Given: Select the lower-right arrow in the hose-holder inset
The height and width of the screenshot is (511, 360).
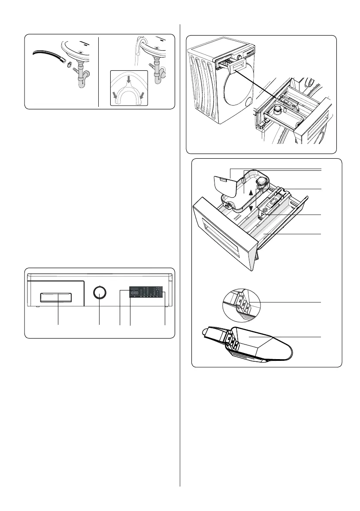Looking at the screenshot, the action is tap(142, 96).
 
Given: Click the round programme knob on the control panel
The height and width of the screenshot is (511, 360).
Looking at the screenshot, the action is tap(100, 293).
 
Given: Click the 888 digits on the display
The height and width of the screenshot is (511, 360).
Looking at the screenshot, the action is tap(135, 293).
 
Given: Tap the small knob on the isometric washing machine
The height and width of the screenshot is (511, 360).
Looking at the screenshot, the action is tap(238, 56).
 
